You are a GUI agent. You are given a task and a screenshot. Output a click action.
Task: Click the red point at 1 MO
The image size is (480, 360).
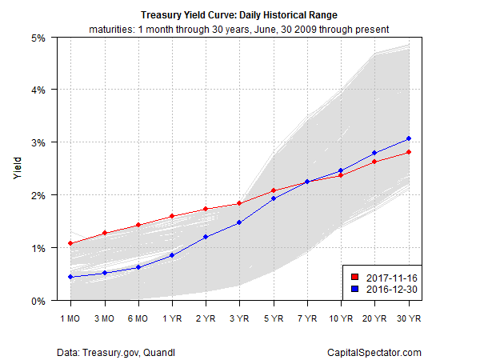pyautogui.click(x=70, y=243)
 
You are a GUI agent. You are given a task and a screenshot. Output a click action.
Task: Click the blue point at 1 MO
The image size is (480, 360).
pyautogui.click(x=70, y=277)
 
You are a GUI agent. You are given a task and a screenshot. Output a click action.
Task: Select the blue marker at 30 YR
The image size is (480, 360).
pyautogui.click(x=409, y=138)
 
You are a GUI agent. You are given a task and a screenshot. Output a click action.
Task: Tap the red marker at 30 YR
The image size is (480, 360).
pyautogui.click(x=409, y=152)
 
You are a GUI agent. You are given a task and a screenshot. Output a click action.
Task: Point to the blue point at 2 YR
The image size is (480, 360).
pyautogui.click(x=206, y=237)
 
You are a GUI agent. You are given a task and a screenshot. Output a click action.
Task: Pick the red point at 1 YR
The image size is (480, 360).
pyautogui.click(x=172, y=216)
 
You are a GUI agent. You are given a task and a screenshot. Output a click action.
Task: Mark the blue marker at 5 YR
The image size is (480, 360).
pyautogui.click(x=274, y=198)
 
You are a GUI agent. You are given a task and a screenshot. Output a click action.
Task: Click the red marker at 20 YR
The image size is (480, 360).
pyautogui.click(x=375, y=162)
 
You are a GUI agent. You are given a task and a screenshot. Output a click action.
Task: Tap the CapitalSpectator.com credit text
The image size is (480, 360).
pyautogui.click(x=374, y=352)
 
